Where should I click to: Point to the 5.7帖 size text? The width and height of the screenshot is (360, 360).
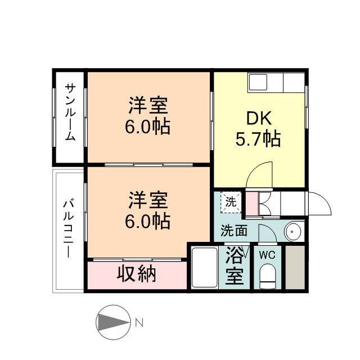coord(259,138)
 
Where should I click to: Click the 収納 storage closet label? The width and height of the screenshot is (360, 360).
coord(137,274)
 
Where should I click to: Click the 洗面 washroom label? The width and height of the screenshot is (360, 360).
coord(233,230)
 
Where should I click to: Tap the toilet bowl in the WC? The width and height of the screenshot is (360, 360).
coord(268,276)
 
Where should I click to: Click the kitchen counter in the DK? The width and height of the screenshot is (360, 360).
coord(276,84)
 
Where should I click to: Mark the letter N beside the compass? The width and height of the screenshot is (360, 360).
coord(139,323)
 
